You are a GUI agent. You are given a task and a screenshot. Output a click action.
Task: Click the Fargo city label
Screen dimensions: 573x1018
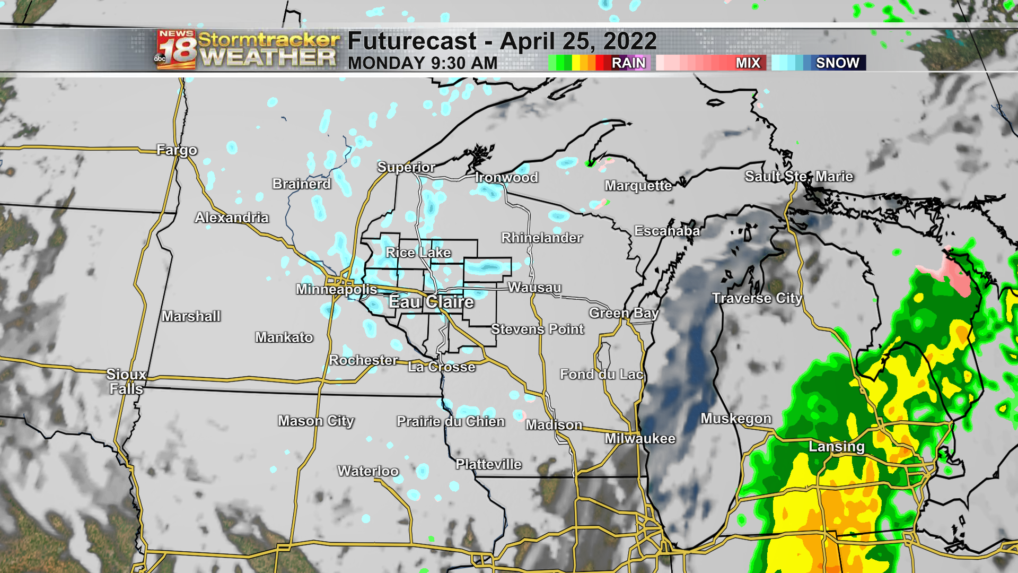pos(177,150)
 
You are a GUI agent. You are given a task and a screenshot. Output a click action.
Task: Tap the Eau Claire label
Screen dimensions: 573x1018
pos(431,302)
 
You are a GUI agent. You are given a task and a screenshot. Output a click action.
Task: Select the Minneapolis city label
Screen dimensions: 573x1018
pos(337,289)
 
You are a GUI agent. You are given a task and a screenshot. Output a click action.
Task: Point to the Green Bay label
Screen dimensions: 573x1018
pos(624,313)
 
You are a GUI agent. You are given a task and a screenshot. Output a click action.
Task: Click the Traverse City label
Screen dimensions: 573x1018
pos(757,298)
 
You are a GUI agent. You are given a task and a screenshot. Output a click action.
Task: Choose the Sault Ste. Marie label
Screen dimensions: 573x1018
pos(799,176)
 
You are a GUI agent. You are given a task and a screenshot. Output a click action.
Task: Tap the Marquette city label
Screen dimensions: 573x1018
pos(638,186)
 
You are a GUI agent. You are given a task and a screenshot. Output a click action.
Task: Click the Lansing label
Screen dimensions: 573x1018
pos(837,446)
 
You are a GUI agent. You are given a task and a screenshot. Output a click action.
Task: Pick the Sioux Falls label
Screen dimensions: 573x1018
pos(126,381)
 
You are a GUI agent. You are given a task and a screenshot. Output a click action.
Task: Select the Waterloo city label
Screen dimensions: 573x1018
pos(368,471)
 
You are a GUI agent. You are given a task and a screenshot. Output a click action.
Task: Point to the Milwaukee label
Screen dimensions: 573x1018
pos(640,439)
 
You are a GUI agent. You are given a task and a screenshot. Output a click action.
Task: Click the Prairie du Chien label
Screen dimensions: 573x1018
pos(451,421)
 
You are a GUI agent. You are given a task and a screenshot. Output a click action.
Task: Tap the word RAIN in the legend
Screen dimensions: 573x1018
pos(628,63)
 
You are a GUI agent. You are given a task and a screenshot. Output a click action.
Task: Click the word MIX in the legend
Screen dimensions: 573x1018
pos(748,63)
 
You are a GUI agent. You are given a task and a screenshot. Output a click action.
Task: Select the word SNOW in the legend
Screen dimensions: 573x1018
pos(838,63)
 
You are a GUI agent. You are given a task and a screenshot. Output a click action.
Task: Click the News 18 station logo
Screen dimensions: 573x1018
pos(176,50)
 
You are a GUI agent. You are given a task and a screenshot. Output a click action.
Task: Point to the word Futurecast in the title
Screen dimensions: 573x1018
pos(413,41)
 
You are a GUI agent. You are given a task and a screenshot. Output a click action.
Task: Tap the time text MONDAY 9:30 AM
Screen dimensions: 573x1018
pos(423,63)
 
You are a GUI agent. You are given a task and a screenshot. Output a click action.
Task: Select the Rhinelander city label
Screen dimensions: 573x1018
pos(542,238)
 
